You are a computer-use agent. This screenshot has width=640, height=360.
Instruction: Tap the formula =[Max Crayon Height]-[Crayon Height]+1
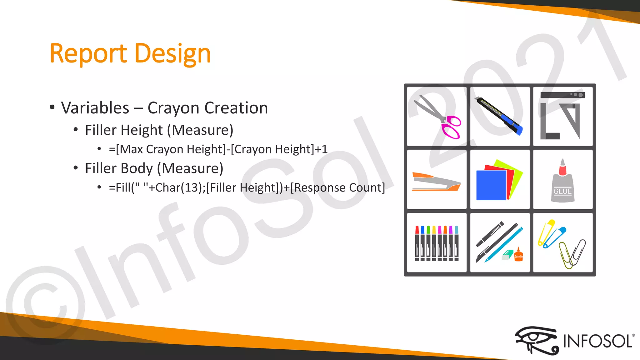218,149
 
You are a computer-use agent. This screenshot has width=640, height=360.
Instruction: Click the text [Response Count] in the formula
337,187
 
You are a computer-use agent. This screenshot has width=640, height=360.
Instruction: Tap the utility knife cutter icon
498,116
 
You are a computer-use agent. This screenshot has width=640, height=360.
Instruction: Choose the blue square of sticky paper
491,185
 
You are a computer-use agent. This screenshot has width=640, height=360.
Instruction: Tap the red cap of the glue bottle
562,169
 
